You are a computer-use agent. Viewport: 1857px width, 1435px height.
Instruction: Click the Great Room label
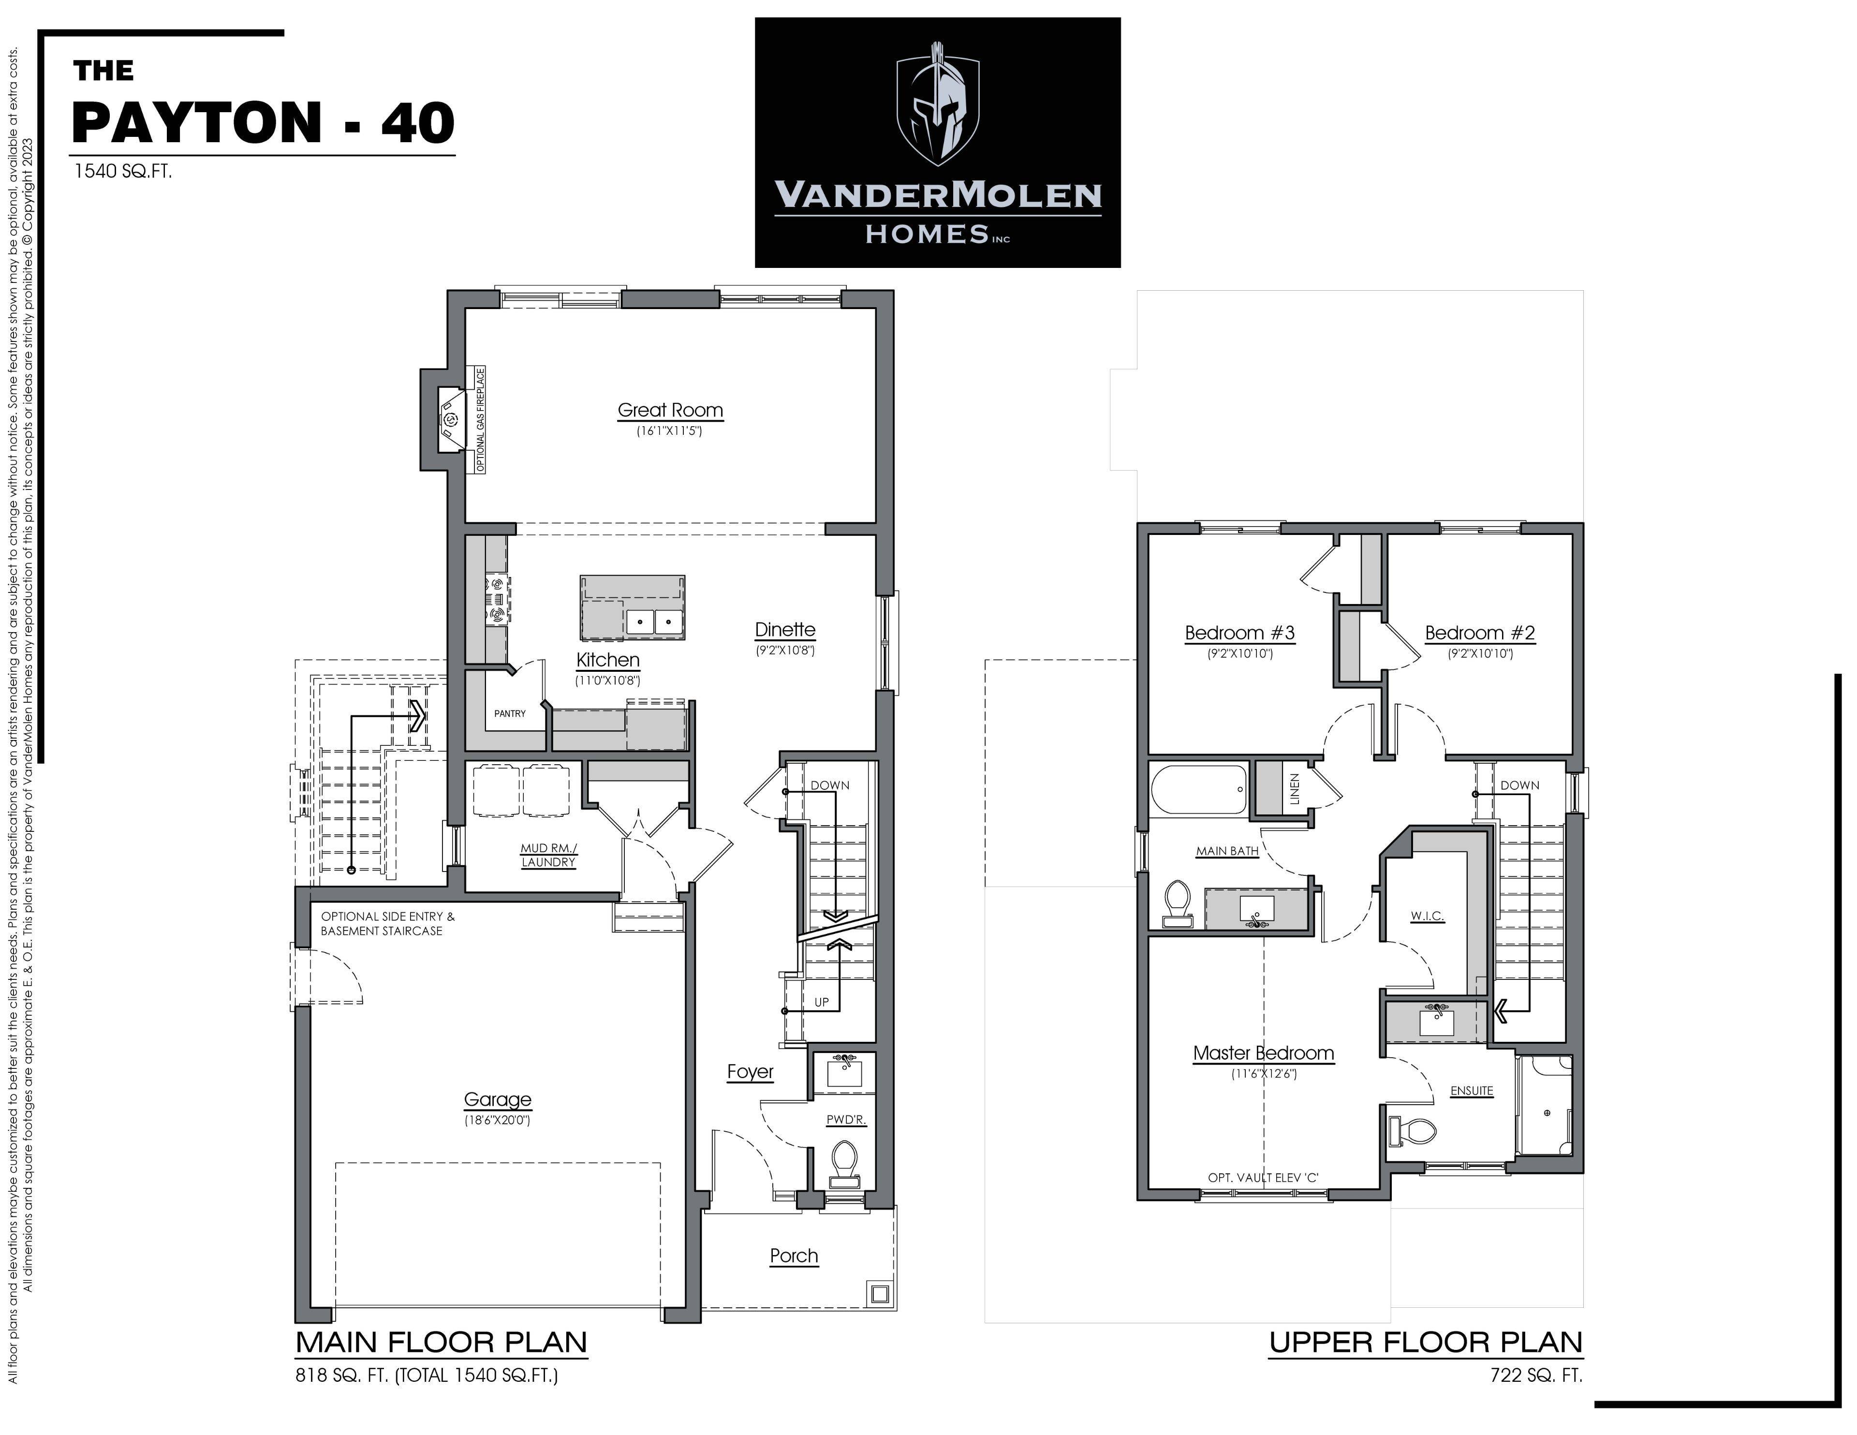[670, 410]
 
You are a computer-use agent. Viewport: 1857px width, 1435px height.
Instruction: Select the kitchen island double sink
[654, 622]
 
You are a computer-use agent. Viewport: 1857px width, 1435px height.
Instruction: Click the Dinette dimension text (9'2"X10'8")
[785, 651]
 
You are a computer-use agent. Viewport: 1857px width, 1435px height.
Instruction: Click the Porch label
[793, 1256]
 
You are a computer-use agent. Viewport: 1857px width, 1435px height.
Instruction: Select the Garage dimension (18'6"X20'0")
[498, 1120]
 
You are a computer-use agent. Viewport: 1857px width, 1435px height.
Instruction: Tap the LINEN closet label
[1294, 788]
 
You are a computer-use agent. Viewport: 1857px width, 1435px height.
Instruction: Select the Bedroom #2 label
[1479, 633]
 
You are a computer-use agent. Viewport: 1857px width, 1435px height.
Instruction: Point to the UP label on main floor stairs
[821, 1002]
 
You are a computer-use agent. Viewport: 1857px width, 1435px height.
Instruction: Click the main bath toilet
[1178, 903]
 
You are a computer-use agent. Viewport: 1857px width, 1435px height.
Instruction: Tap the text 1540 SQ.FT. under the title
[122, 171]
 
